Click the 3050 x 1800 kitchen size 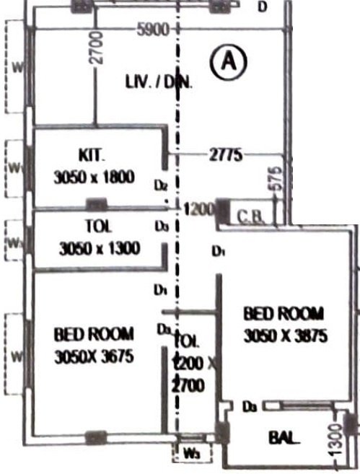coord(94,177)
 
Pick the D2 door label coord(162,185)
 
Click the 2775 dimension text coord(226,154)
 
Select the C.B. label coord(251,214)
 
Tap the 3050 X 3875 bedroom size coord(286,335)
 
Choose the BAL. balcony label coord(284,437)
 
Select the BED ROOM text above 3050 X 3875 coord(284,313)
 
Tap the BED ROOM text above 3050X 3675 coord(94,334)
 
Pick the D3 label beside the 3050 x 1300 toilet coord(162,226)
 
